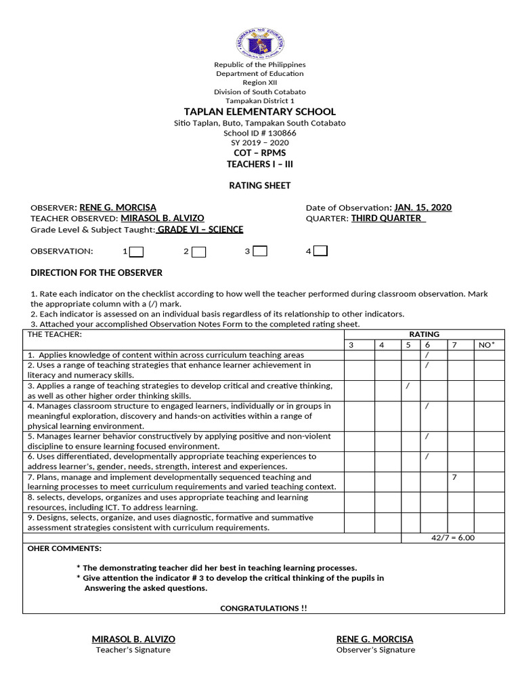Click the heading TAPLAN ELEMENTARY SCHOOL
[260, 111]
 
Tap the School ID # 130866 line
[260, 133]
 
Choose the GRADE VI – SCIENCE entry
[200, 229]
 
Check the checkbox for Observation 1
[136, 251]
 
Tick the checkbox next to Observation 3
[260, 251]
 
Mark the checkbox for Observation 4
[321, 251]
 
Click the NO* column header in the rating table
[487, 345]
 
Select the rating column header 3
[351, 345]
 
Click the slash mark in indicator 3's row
[408, 386]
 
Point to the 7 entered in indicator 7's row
[454, 477]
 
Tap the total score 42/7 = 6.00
[453, 537]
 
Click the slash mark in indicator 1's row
[427, 355]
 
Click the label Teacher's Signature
[133, 650]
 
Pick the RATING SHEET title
[260, 185]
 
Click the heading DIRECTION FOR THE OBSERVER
[97, 272]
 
